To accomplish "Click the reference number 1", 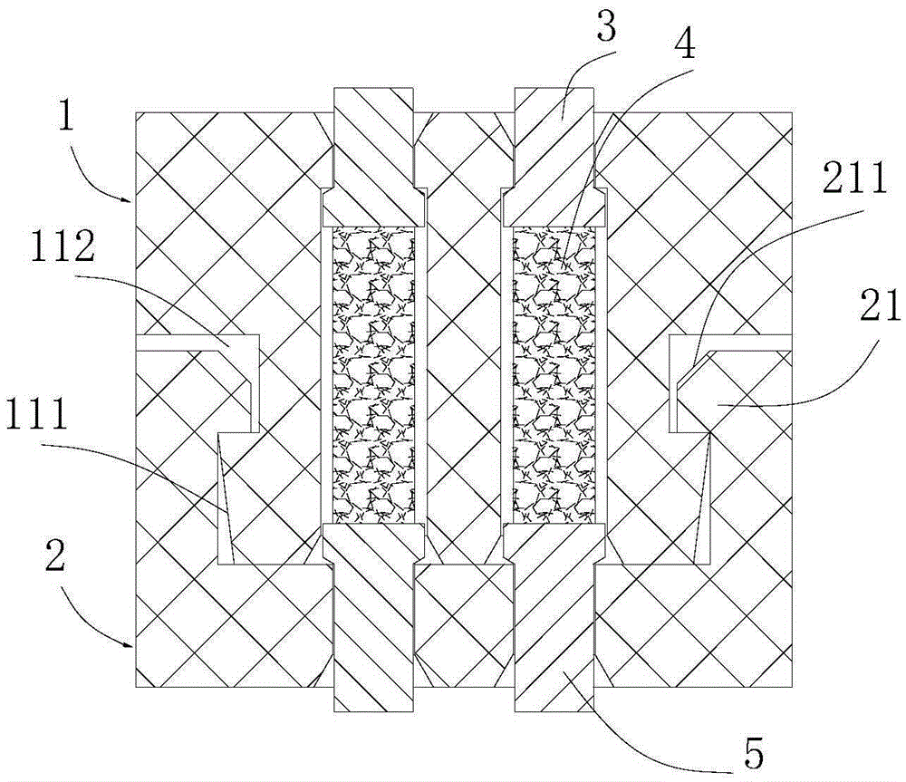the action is pyautogui.click(x=66, y=117).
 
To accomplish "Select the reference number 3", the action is pyautogui.click(x=605, y=29).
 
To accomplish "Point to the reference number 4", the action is pyautogui.click(x=685, y=45).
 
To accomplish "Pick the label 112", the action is pyautogui.click(x=63, y=248).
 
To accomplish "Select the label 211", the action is pyautogui.click(x=854, y=179).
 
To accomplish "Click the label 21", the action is pyautogui.click(x=880, y=305).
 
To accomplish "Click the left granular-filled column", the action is pyautogui.click(x=374, y=374).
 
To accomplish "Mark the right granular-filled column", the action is pyautogui.click(x=554, y=374).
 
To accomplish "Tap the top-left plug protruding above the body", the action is pyautogui.click(x=374, y=156).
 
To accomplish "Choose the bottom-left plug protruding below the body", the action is pyautogui.click(x=374, y=617).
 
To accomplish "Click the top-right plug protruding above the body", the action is pyautogui.click(x=554, y=156).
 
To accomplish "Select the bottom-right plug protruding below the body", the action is pyautogui.click(x=554, y=617).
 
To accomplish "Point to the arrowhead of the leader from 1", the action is pyautogui.click(x=130, y=200).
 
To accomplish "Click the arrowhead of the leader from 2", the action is pyautogui.click(x=130, y=643).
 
